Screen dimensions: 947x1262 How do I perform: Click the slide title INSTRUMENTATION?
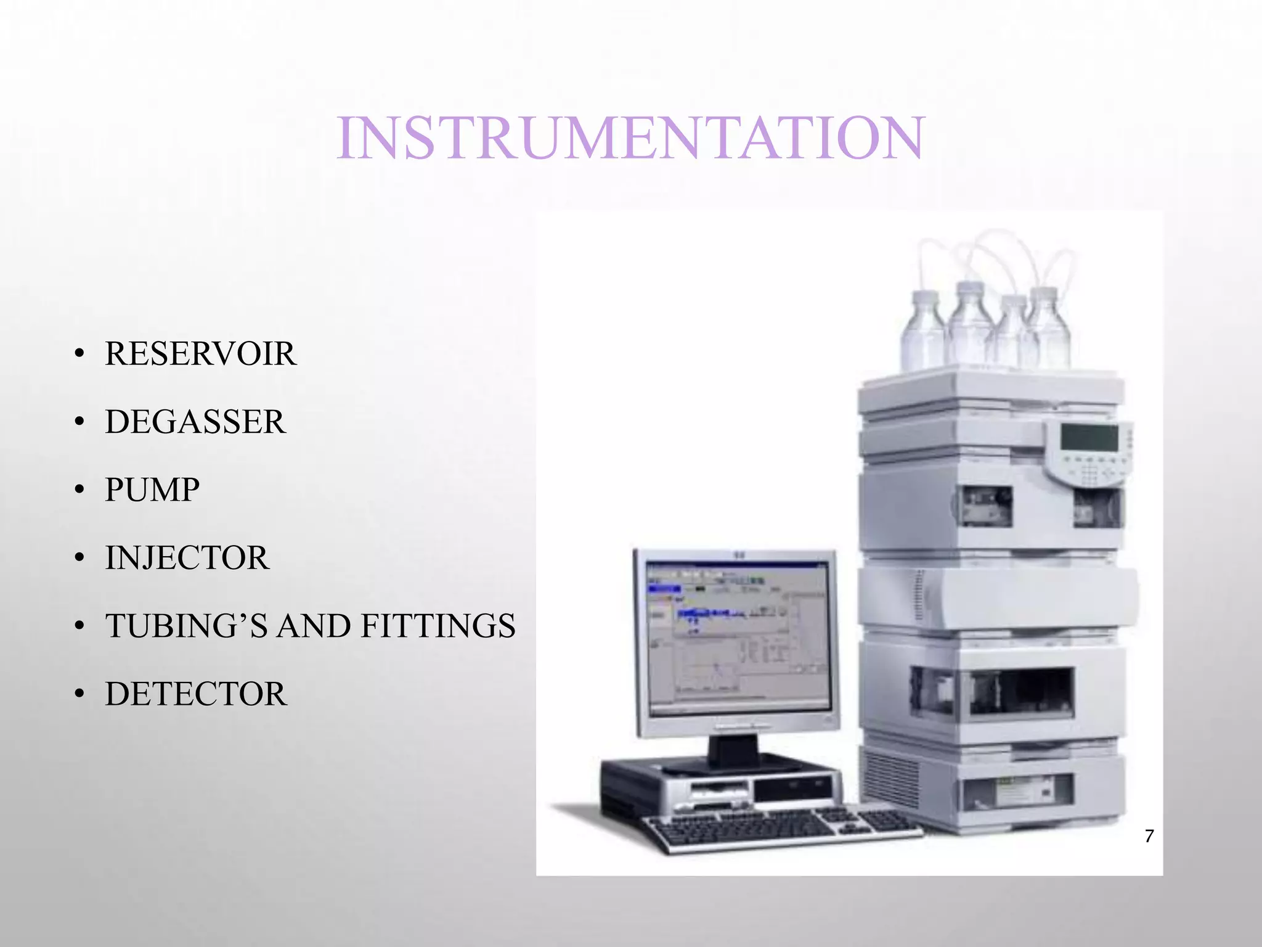click(630, 138)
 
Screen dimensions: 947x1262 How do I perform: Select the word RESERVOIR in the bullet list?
click(200, 354)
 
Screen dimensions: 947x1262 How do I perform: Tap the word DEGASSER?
click(195, 422)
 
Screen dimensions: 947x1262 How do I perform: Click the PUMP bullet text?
click(152, 490)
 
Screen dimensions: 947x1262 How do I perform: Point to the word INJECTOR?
click(187, 558)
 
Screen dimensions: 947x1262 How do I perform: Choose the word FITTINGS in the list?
click(438, 626)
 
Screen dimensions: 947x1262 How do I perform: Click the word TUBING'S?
click(186, 626)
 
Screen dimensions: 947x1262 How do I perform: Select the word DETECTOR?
click(195, 694)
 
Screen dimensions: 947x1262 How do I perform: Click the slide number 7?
click(1149, 837)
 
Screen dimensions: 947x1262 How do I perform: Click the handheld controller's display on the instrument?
click(1089, 438)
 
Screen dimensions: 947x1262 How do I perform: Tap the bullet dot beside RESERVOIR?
click(78, 355)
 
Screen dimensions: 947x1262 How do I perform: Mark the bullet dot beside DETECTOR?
click(78, 695)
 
